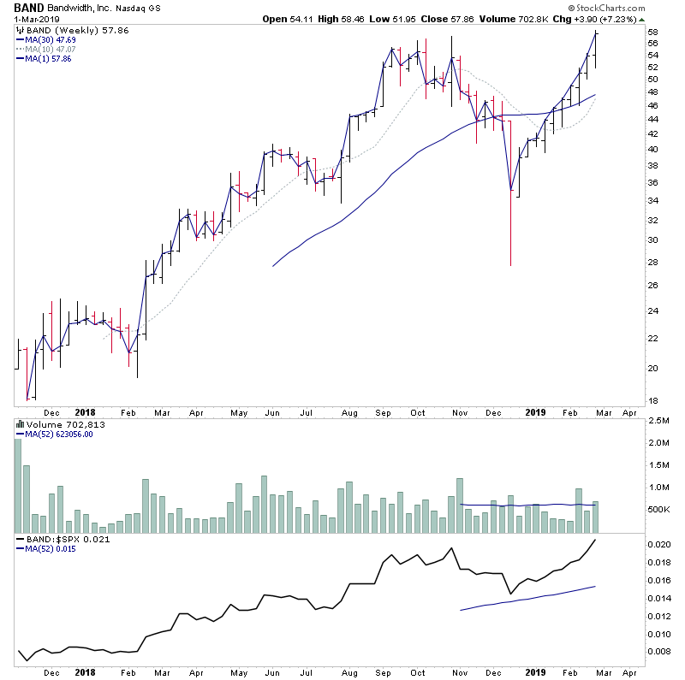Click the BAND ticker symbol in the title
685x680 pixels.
pos(32,7)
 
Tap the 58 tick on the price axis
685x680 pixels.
pos(652,33)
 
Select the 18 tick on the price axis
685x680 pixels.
pos(652,399)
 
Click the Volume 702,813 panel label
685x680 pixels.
pos(55,423)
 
